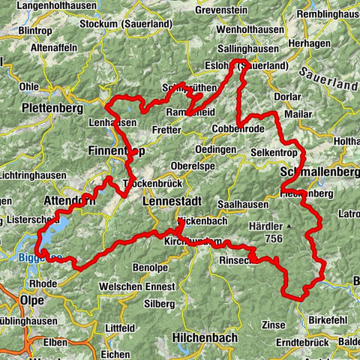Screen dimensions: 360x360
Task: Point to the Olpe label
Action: click(x=35, y=300)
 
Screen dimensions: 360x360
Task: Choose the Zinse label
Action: click(x=274, y=325)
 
